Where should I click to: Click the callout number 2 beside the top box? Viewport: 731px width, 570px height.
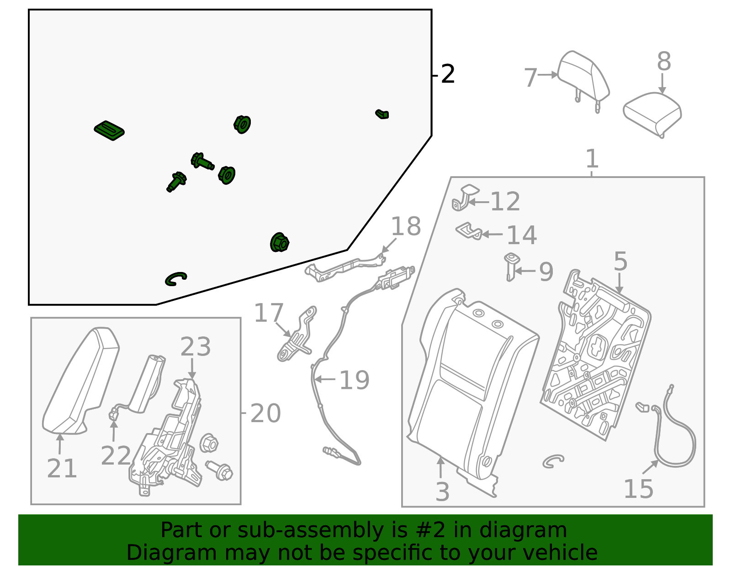[x=448, y=74]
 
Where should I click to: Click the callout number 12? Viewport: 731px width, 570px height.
[x=505, y=202]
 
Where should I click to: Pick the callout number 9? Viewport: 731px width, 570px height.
[x=546, y=272]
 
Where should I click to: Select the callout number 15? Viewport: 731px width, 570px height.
[x=638, y=489]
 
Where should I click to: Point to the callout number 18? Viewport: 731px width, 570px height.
[x=406, y=227]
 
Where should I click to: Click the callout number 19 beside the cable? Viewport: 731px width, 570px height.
[x=354, y=380]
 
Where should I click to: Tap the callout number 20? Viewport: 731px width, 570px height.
[x=265, y=413]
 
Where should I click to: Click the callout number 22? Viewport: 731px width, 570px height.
[x=116, y=455]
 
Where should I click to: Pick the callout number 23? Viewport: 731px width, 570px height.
[x=196, y=347]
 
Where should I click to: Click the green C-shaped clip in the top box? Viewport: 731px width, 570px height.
[x=175, y=278]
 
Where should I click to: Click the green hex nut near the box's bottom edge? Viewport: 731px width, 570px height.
[x=280, y=242]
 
